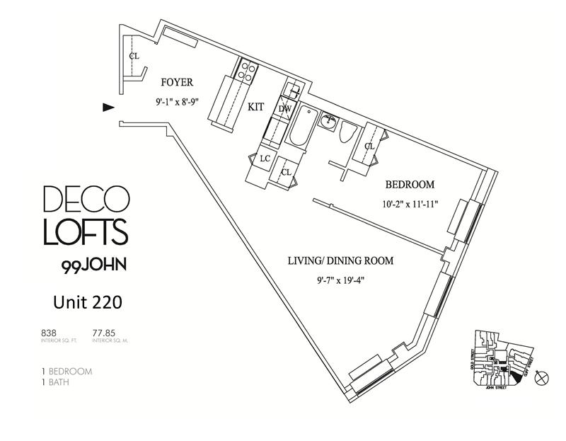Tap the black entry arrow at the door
point(108,107)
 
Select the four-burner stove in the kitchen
point(247,70)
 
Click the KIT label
point(256,107)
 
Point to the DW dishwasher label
point(284,109)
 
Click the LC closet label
point(266,158)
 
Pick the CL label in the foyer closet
point(134,55)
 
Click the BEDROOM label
point(409,185)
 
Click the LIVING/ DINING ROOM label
point(340,261)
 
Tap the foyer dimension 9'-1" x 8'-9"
point(178,101)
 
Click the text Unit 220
point(88,303)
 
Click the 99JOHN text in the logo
point(85,268)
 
